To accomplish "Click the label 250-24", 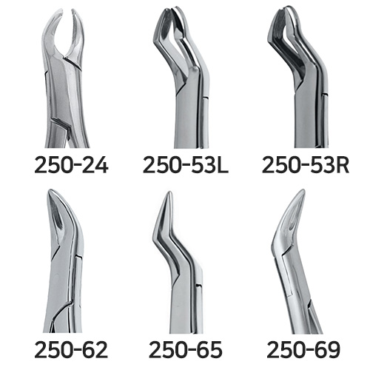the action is coord(71,165).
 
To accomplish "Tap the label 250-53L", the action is coord(186,165).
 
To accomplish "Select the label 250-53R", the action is coord(306,165).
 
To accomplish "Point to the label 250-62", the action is coord(71,349).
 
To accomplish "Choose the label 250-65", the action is coord(186,349).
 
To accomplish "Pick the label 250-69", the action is coord(303,349).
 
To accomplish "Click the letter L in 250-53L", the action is coord(223,165).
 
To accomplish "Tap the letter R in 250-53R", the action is coord(343,165).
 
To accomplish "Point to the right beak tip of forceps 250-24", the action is coord(73,10).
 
